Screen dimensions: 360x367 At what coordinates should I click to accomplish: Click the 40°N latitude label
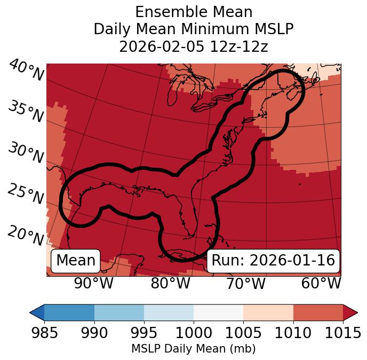point(26,71)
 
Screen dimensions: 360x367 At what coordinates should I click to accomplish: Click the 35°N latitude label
point(26,112)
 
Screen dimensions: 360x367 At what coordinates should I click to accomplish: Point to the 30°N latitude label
point(26,154)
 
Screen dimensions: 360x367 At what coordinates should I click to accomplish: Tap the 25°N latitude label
point(26,194)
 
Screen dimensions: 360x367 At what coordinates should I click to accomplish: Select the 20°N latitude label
point(26,235)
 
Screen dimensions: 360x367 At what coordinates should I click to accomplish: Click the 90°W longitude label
point(94,283)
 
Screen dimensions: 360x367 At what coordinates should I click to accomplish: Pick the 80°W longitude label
point(170,283)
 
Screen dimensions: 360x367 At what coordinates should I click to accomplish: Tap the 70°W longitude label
point(246,283)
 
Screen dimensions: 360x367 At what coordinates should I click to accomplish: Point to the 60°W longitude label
point(321,283)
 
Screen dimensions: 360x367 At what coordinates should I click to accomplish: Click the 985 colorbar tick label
point(44,333)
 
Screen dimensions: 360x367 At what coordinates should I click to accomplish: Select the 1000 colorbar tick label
point(194,333)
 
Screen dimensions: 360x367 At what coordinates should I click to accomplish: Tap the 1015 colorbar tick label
point(343,333)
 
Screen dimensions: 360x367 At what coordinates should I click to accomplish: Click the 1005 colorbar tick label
point(243,333)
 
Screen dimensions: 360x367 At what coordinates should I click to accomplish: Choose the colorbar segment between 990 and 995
point(119,312)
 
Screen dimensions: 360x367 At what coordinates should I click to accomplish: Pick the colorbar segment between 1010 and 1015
point(318,312)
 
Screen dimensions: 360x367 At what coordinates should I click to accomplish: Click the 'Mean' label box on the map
point(76,260)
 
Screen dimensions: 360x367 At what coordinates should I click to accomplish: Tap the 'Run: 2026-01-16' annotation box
point(273,260)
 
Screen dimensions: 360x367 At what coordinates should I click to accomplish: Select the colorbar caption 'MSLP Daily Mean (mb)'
point(194,349)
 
